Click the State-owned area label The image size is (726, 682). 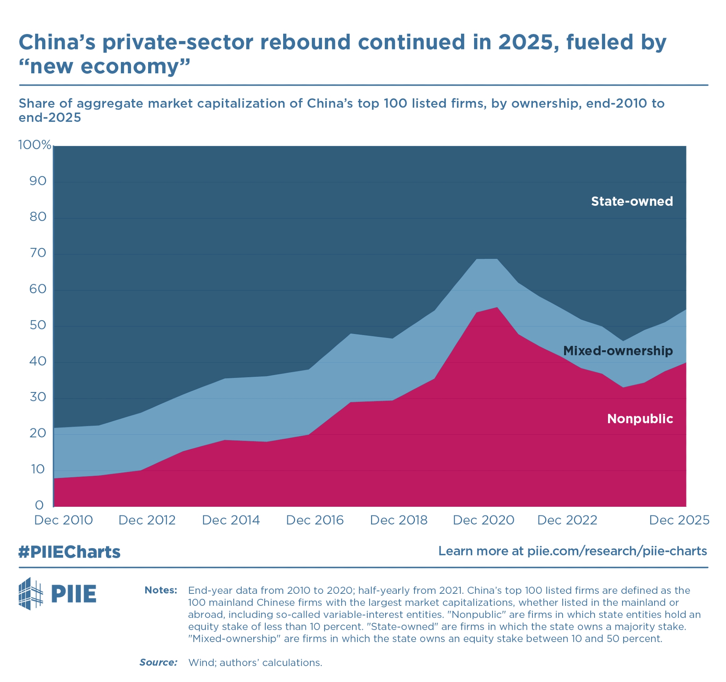coord(631,201)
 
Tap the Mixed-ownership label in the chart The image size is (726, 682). coord(617,351)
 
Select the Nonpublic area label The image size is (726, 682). coord(640,419)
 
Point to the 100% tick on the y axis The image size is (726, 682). coord(35,145)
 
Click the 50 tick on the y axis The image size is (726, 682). coord(38,325)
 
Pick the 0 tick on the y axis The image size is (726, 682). coord(39,505)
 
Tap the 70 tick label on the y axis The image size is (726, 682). coord(38,253)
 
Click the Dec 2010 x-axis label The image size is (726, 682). coord(64,520)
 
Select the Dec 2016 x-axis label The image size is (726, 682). coord(315,520)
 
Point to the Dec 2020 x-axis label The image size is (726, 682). coord(484,520)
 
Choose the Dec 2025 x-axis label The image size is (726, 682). coord(679,520)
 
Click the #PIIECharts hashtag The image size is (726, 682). coord(69,552)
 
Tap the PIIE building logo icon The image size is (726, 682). coord(31,594)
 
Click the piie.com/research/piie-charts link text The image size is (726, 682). coord(617,551)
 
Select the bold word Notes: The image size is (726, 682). coord(161,591)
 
